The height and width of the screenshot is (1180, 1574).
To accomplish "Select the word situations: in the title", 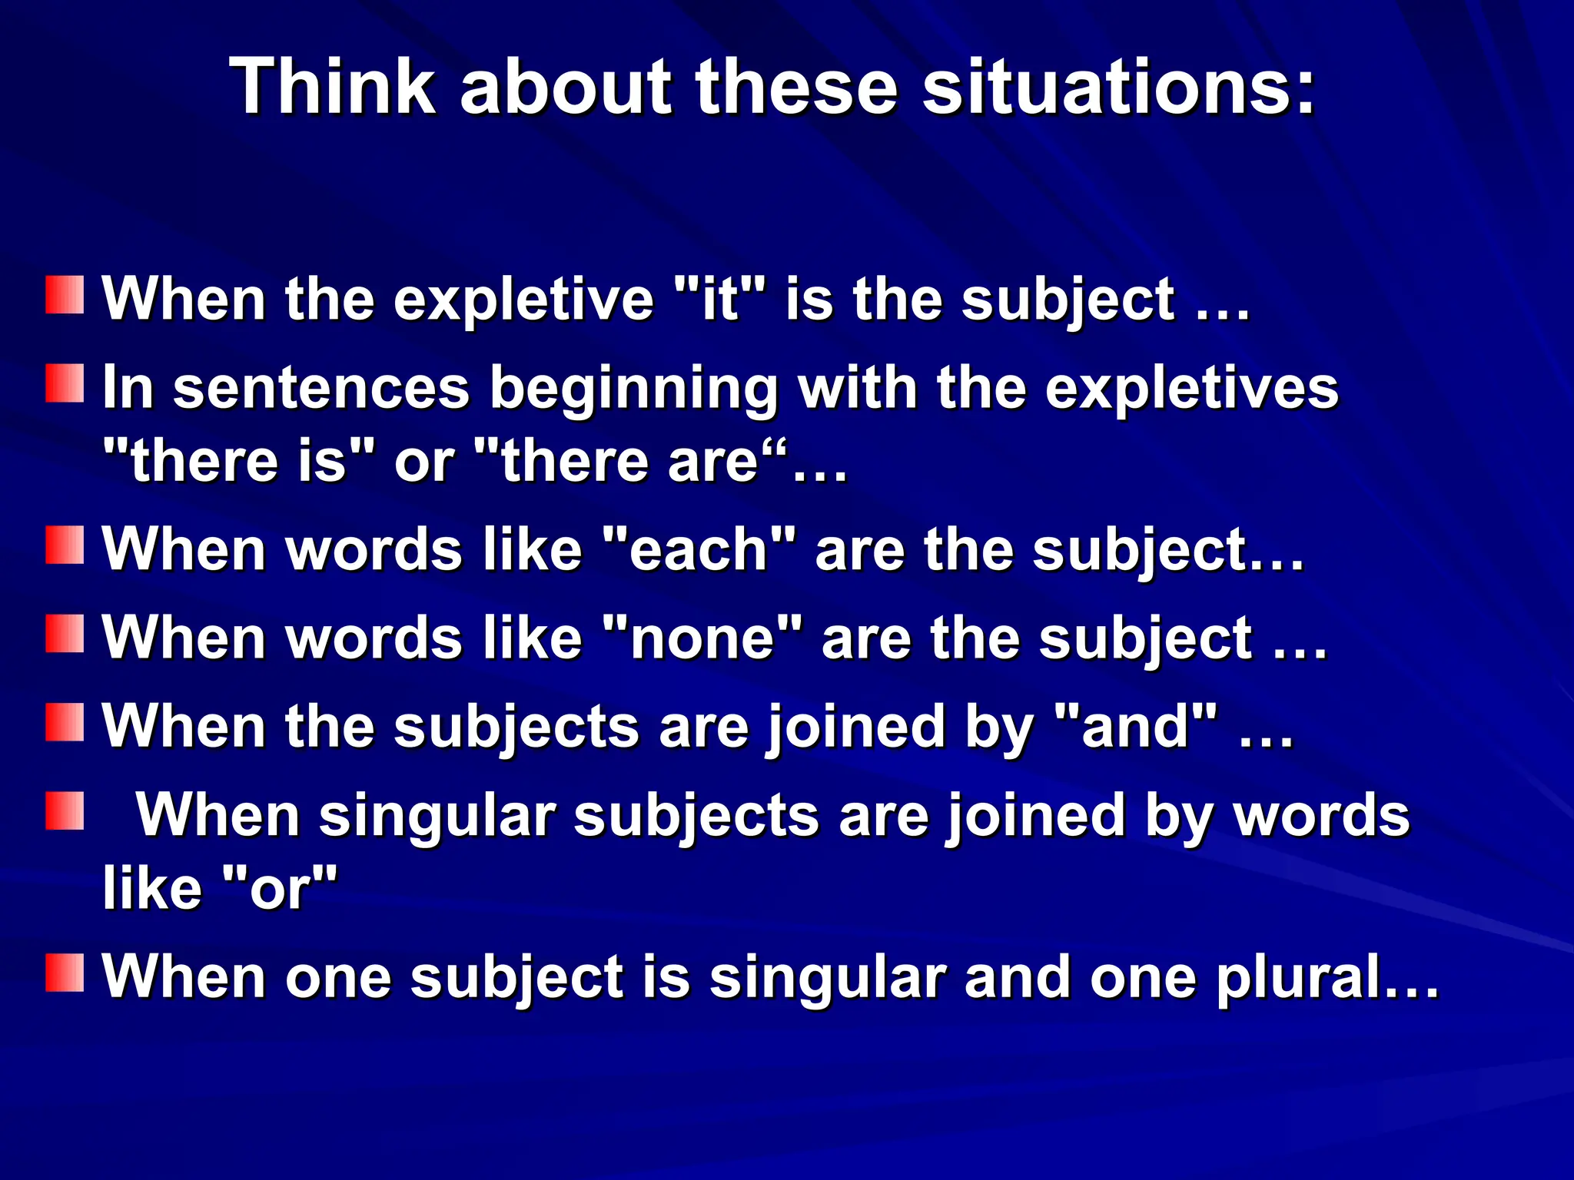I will pos(1119,86).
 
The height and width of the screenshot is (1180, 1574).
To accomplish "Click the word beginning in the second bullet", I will pos(634,387).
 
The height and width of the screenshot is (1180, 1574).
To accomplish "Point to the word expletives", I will pos(1191,387).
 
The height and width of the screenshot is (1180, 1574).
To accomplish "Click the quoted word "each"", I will pos(699,550).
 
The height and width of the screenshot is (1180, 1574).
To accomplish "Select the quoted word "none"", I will pos(702,638).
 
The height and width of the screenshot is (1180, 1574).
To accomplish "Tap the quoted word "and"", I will pos(1137,727).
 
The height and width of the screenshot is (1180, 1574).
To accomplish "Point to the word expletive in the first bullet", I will pos(523,298).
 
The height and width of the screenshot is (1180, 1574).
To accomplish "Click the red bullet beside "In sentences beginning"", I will pos(65,383).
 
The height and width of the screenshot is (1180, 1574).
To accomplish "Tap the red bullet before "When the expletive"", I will pos(65,295).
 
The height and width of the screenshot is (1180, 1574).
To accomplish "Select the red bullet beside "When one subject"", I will pos(65,973).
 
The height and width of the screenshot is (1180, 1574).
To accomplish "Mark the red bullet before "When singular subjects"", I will pos(65,811).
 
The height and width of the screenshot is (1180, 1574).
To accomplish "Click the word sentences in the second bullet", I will pos(320,387).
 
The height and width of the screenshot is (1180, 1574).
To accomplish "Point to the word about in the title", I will pos(566,86).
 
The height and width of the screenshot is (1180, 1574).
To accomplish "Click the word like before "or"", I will pos(151,888).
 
